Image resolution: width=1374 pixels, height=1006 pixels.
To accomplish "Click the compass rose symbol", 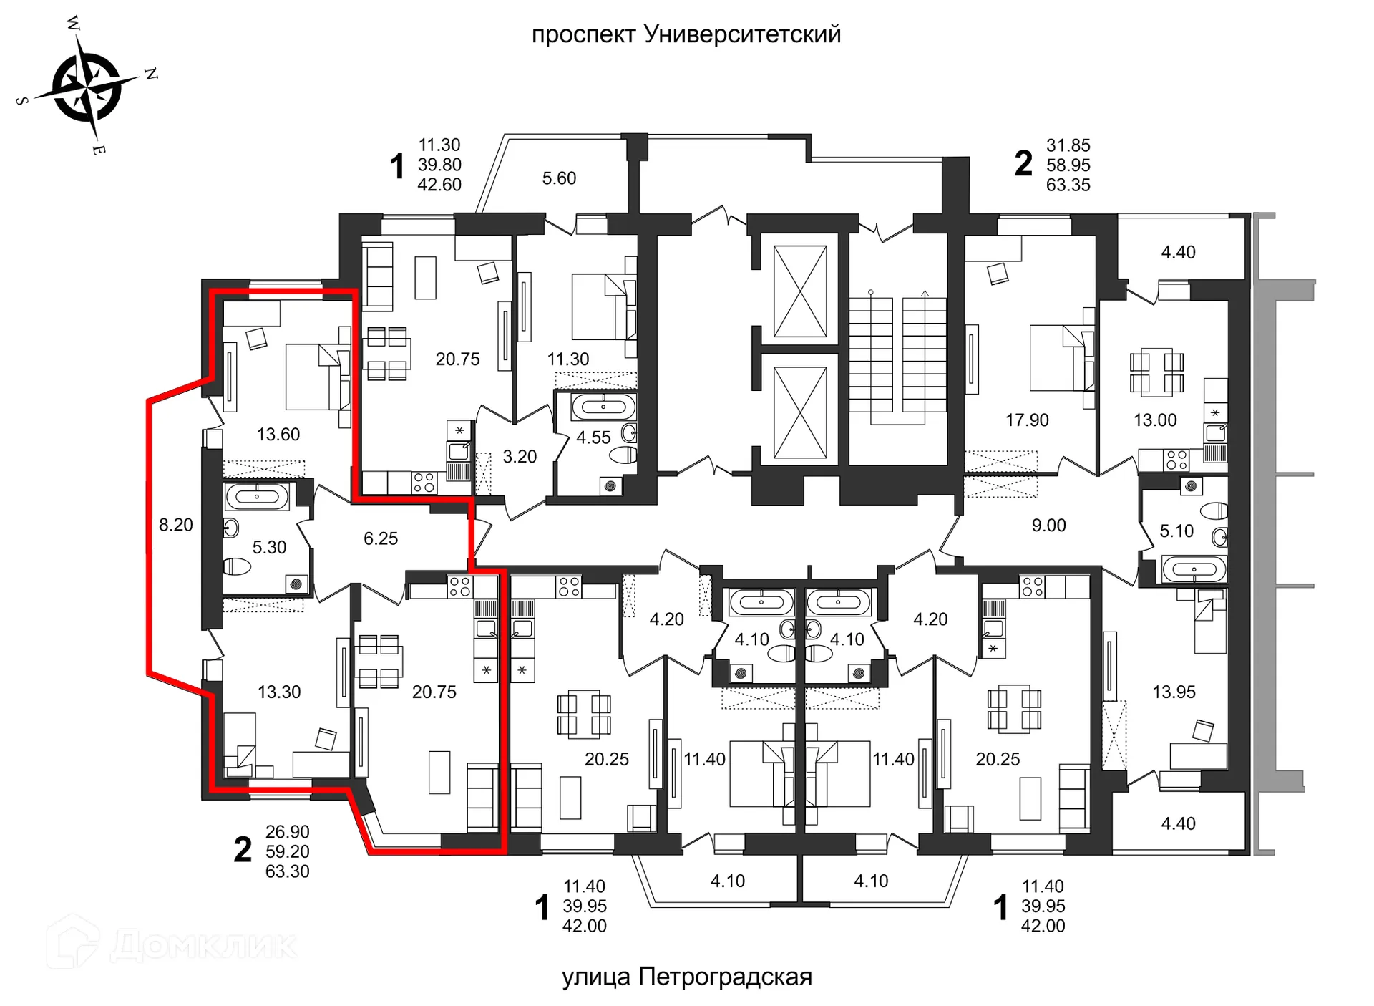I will [87, 87].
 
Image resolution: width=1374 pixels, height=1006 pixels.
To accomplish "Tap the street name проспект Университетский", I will [686, 34].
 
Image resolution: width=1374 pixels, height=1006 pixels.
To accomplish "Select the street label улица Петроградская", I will [686, 977].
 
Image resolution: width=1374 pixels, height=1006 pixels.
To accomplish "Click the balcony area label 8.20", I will [176, 525].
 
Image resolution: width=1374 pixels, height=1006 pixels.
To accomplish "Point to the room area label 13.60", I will [278, 434].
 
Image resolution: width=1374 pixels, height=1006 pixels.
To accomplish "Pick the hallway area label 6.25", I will [380, 538].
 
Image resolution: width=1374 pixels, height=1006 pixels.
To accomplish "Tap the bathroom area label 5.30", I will [269, 547].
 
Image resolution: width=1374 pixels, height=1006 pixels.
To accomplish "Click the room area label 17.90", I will [1027, 420].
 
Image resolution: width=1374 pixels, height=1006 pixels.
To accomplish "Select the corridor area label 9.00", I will [1048, 525].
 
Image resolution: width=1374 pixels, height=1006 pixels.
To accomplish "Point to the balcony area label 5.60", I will [559, 178].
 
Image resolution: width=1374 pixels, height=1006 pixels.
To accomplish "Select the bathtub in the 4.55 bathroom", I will [603, 407].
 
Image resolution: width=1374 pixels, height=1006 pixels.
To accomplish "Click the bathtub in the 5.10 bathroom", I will [1193, 570].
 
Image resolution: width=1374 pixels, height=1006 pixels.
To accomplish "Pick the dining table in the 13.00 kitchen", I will [1156, 372].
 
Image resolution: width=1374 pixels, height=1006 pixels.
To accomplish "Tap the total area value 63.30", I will [287, 871].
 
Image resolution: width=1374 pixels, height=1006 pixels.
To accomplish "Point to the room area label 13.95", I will [1174, 692].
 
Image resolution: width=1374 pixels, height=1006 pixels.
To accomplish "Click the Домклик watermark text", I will [204, 945].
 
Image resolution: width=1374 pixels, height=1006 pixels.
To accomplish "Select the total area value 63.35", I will [1068, 185].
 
